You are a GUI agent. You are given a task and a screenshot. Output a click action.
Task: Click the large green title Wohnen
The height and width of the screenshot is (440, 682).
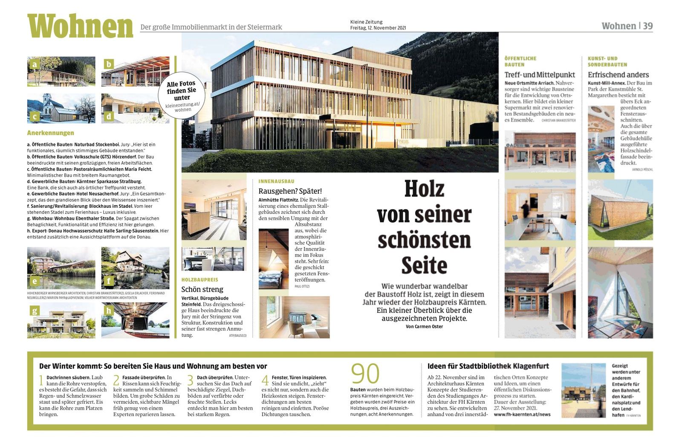(x=80, y=26)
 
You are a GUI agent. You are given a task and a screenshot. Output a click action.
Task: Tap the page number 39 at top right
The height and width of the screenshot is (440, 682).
(x=647, y=26)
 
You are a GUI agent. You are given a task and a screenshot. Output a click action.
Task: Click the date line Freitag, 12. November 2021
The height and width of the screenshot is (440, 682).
(x=378, y=28)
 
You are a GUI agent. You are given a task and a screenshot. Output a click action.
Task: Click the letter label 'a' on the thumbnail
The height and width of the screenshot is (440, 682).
(x=35, y=65)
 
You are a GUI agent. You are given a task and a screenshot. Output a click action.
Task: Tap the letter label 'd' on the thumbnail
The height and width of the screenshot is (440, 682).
(x=109, y=116)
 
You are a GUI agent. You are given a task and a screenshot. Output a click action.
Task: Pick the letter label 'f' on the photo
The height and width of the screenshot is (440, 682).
(x=109, y=281)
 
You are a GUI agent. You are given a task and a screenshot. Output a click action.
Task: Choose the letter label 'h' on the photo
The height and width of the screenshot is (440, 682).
(x=109, y=310)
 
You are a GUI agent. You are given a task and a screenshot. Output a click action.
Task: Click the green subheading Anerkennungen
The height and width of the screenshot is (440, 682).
(x=50, y=133)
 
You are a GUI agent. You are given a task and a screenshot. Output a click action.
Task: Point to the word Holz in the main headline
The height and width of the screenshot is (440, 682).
(x=424, y=189)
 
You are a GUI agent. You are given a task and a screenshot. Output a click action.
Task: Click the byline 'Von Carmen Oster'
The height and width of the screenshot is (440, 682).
(x=424, y=326)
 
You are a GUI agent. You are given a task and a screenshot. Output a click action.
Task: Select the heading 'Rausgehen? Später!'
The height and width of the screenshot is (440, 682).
(x=290, y=191)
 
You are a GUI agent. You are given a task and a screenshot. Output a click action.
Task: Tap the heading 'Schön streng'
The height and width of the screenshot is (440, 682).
(x=202, y=289)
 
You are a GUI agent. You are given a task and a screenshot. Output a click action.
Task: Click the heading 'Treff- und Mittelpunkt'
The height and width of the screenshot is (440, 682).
(x=540, y=75)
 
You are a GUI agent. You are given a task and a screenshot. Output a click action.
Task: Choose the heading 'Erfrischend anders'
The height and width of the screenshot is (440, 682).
(x=618, y=75)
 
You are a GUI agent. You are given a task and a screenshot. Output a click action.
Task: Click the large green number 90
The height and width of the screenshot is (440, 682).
(x=365, y=374)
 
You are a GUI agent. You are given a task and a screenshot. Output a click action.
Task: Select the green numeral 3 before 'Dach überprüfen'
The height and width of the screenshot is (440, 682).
(x=191, y=380)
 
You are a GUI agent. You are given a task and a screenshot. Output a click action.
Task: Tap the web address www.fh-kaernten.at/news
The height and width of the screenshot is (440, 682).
(x=522, y=414)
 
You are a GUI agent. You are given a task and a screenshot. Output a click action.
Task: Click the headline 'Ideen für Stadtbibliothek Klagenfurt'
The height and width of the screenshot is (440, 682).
(x=488, y=366)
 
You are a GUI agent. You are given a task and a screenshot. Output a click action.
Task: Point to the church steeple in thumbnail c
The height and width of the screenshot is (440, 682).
(x=47, y=99)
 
